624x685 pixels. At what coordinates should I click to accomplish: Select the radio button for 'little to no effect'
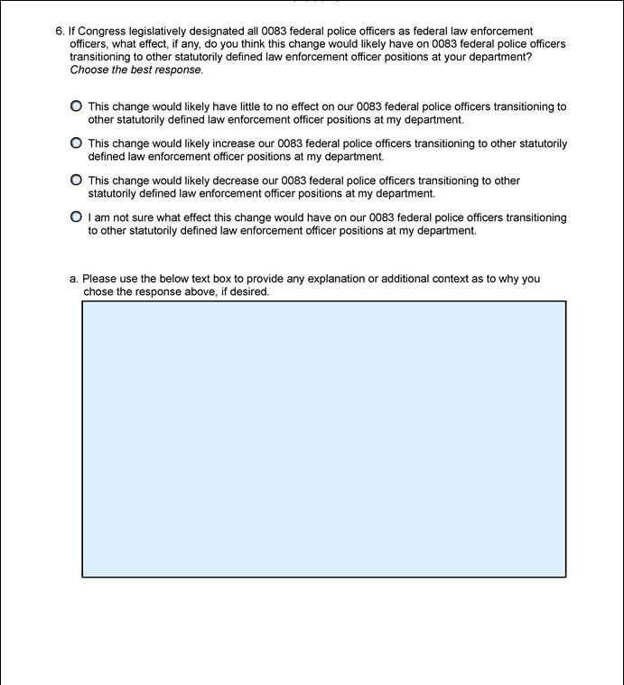[76, 106]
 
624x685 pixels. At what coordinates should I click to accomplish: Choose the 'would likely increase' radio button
[76, 143]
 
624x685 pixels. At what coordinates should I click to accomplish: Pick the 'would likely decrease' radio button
[76, 180]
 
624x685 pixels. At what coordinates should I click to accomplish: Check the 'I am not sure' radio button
[76, 217]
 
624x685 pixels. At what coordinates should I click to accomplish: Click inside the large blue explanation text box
[323, 439]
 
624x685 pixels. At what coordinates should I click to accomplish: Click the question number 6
[60, 31]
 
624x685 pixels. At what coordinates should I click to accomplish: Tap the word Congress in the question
[102, 31]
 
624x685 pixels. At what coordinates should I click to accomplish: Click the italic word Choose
[88, 69]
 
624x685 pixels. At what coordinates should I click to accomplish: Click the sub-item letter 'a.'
[74, 279]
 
